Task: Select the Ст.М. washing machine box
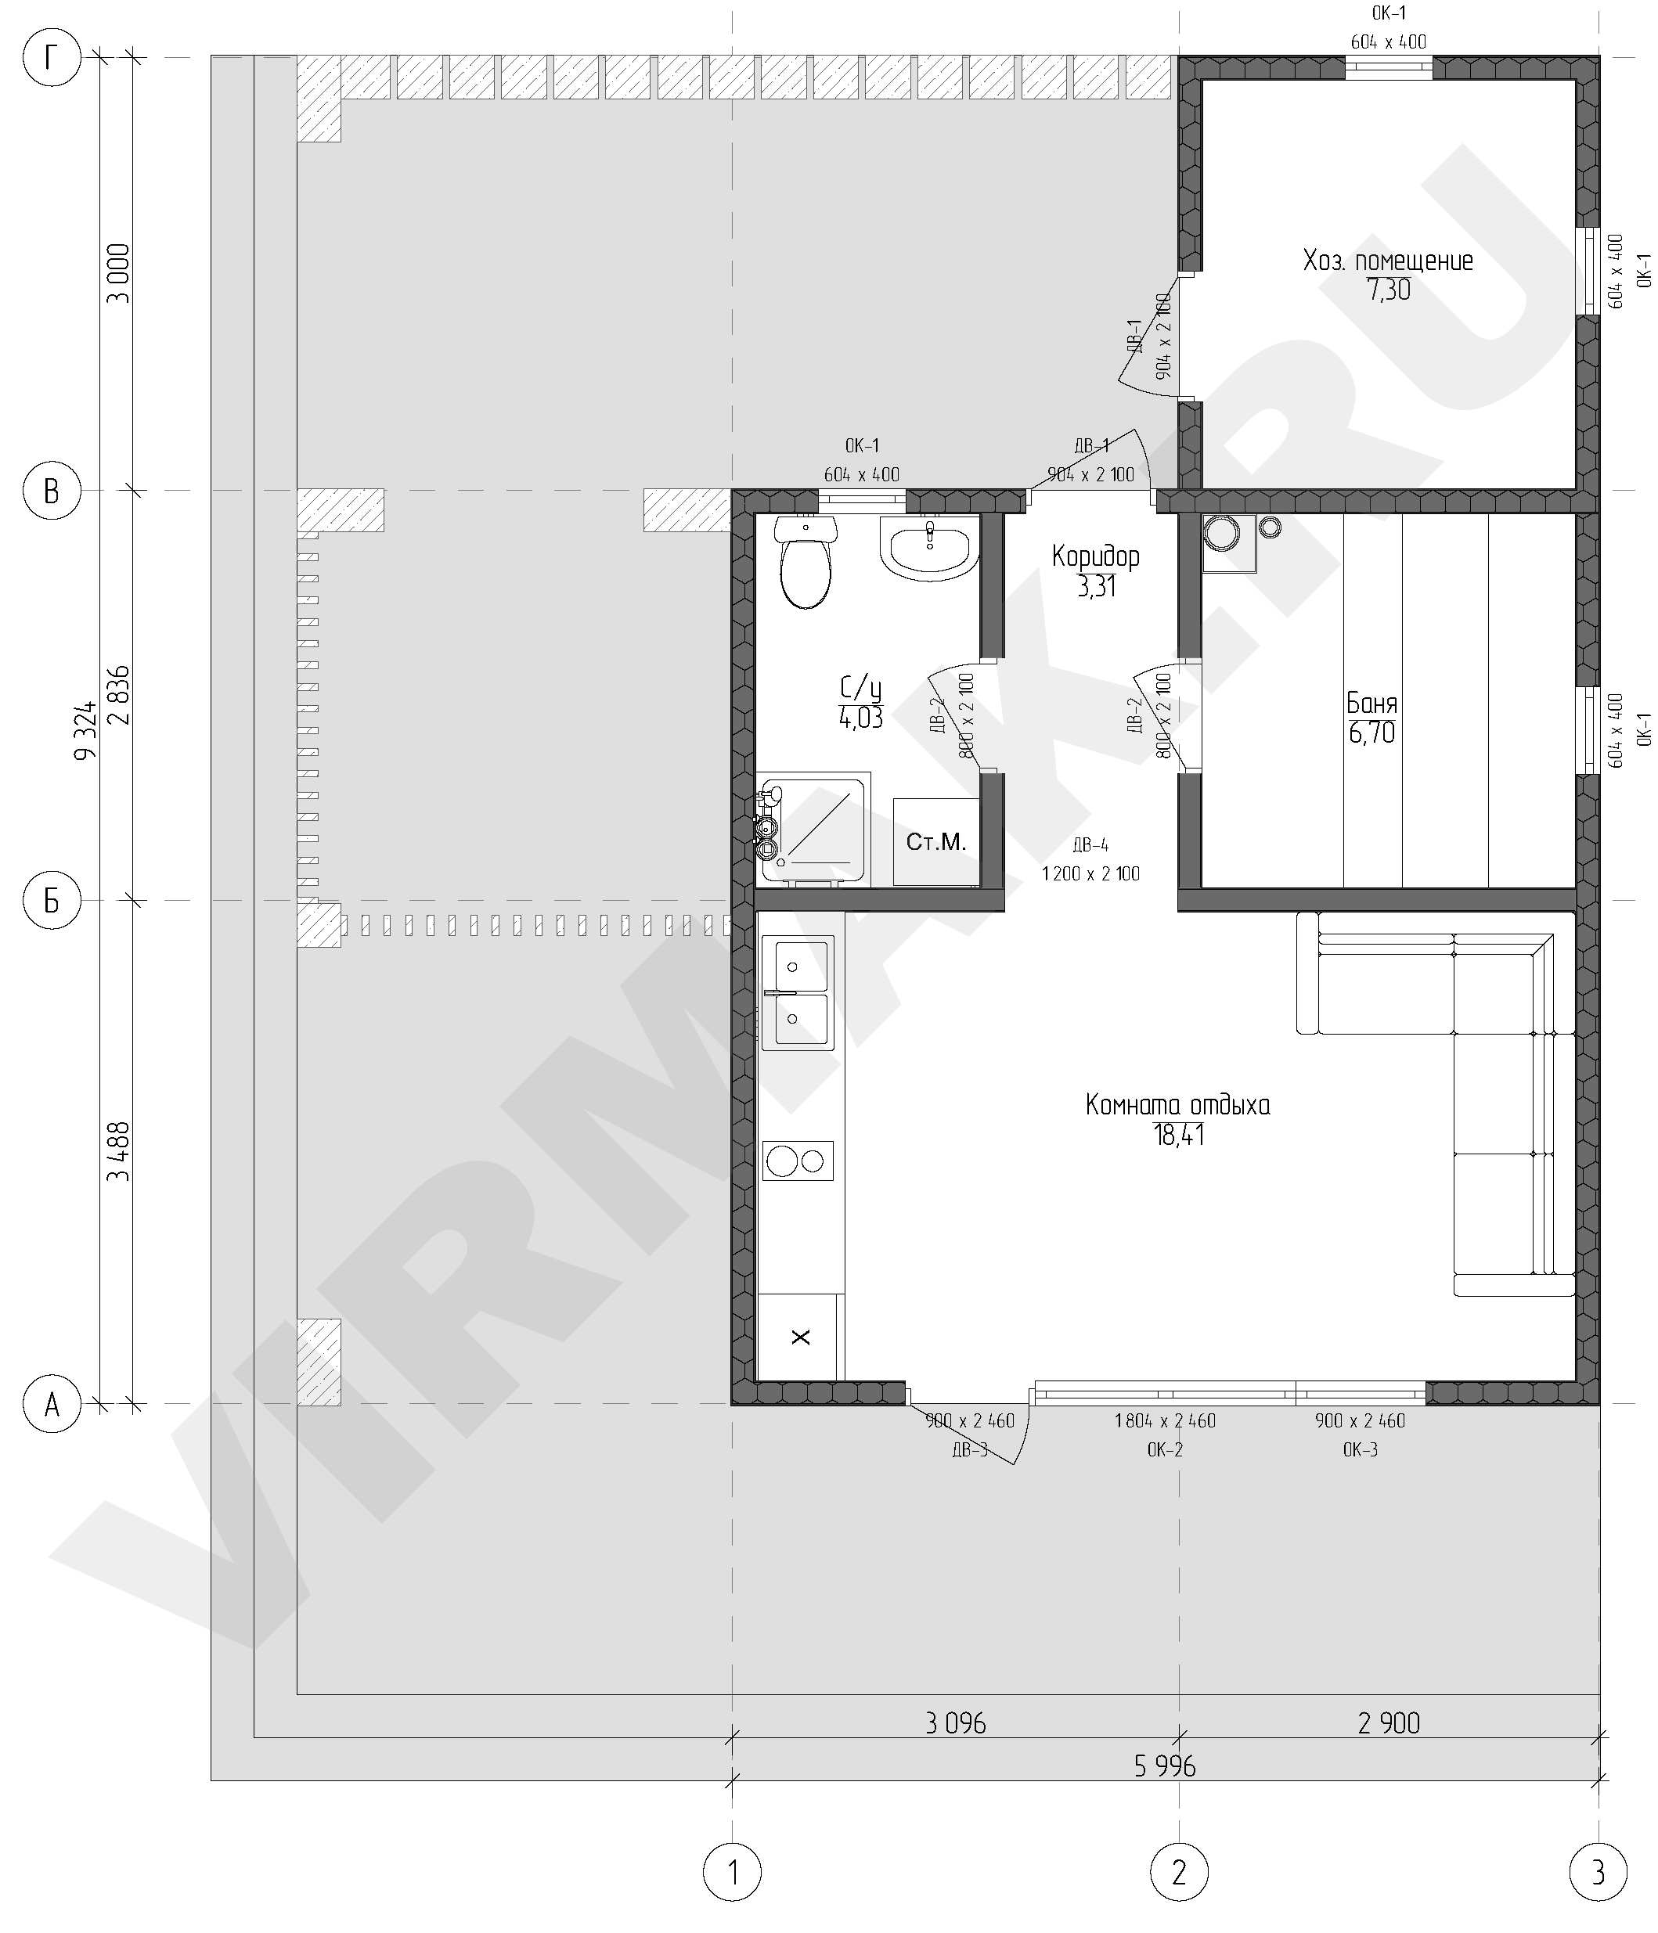(935, 841)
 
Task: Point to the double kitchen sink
(798, 994)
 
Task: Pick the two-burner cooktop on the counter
(798, 1161)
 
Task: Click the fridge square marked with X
(801, 1336)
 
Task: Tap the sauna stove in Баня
(1229, 542)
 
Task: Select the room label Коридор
(1095, 557)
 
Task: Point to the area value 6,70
(1371, 733)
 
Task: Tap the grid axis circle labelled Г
(52, 58)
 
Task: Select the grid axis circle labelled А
(52, 1403)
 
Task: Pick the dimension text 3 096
(956, 1722)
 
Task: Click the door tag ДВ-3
(969, 1449)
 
